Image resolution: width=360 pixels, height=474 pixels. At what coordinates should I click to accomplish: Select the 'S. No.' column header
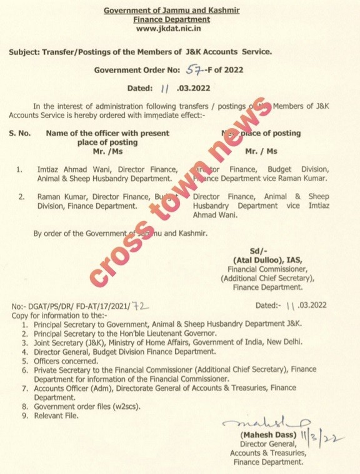(x=21, y=133)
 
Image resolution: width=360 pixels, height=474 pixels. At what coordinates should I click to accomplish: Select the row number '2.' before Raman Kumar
(x=21, y=196)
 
